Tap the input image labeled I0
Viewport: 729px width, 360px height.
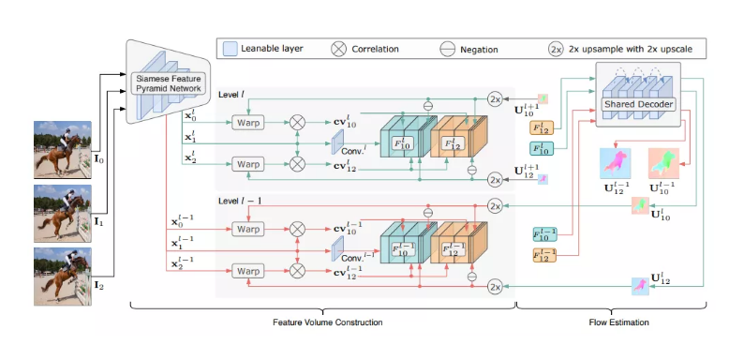click(63, 149)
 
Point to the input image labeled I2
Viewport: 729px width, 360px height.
click(63, 276)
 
